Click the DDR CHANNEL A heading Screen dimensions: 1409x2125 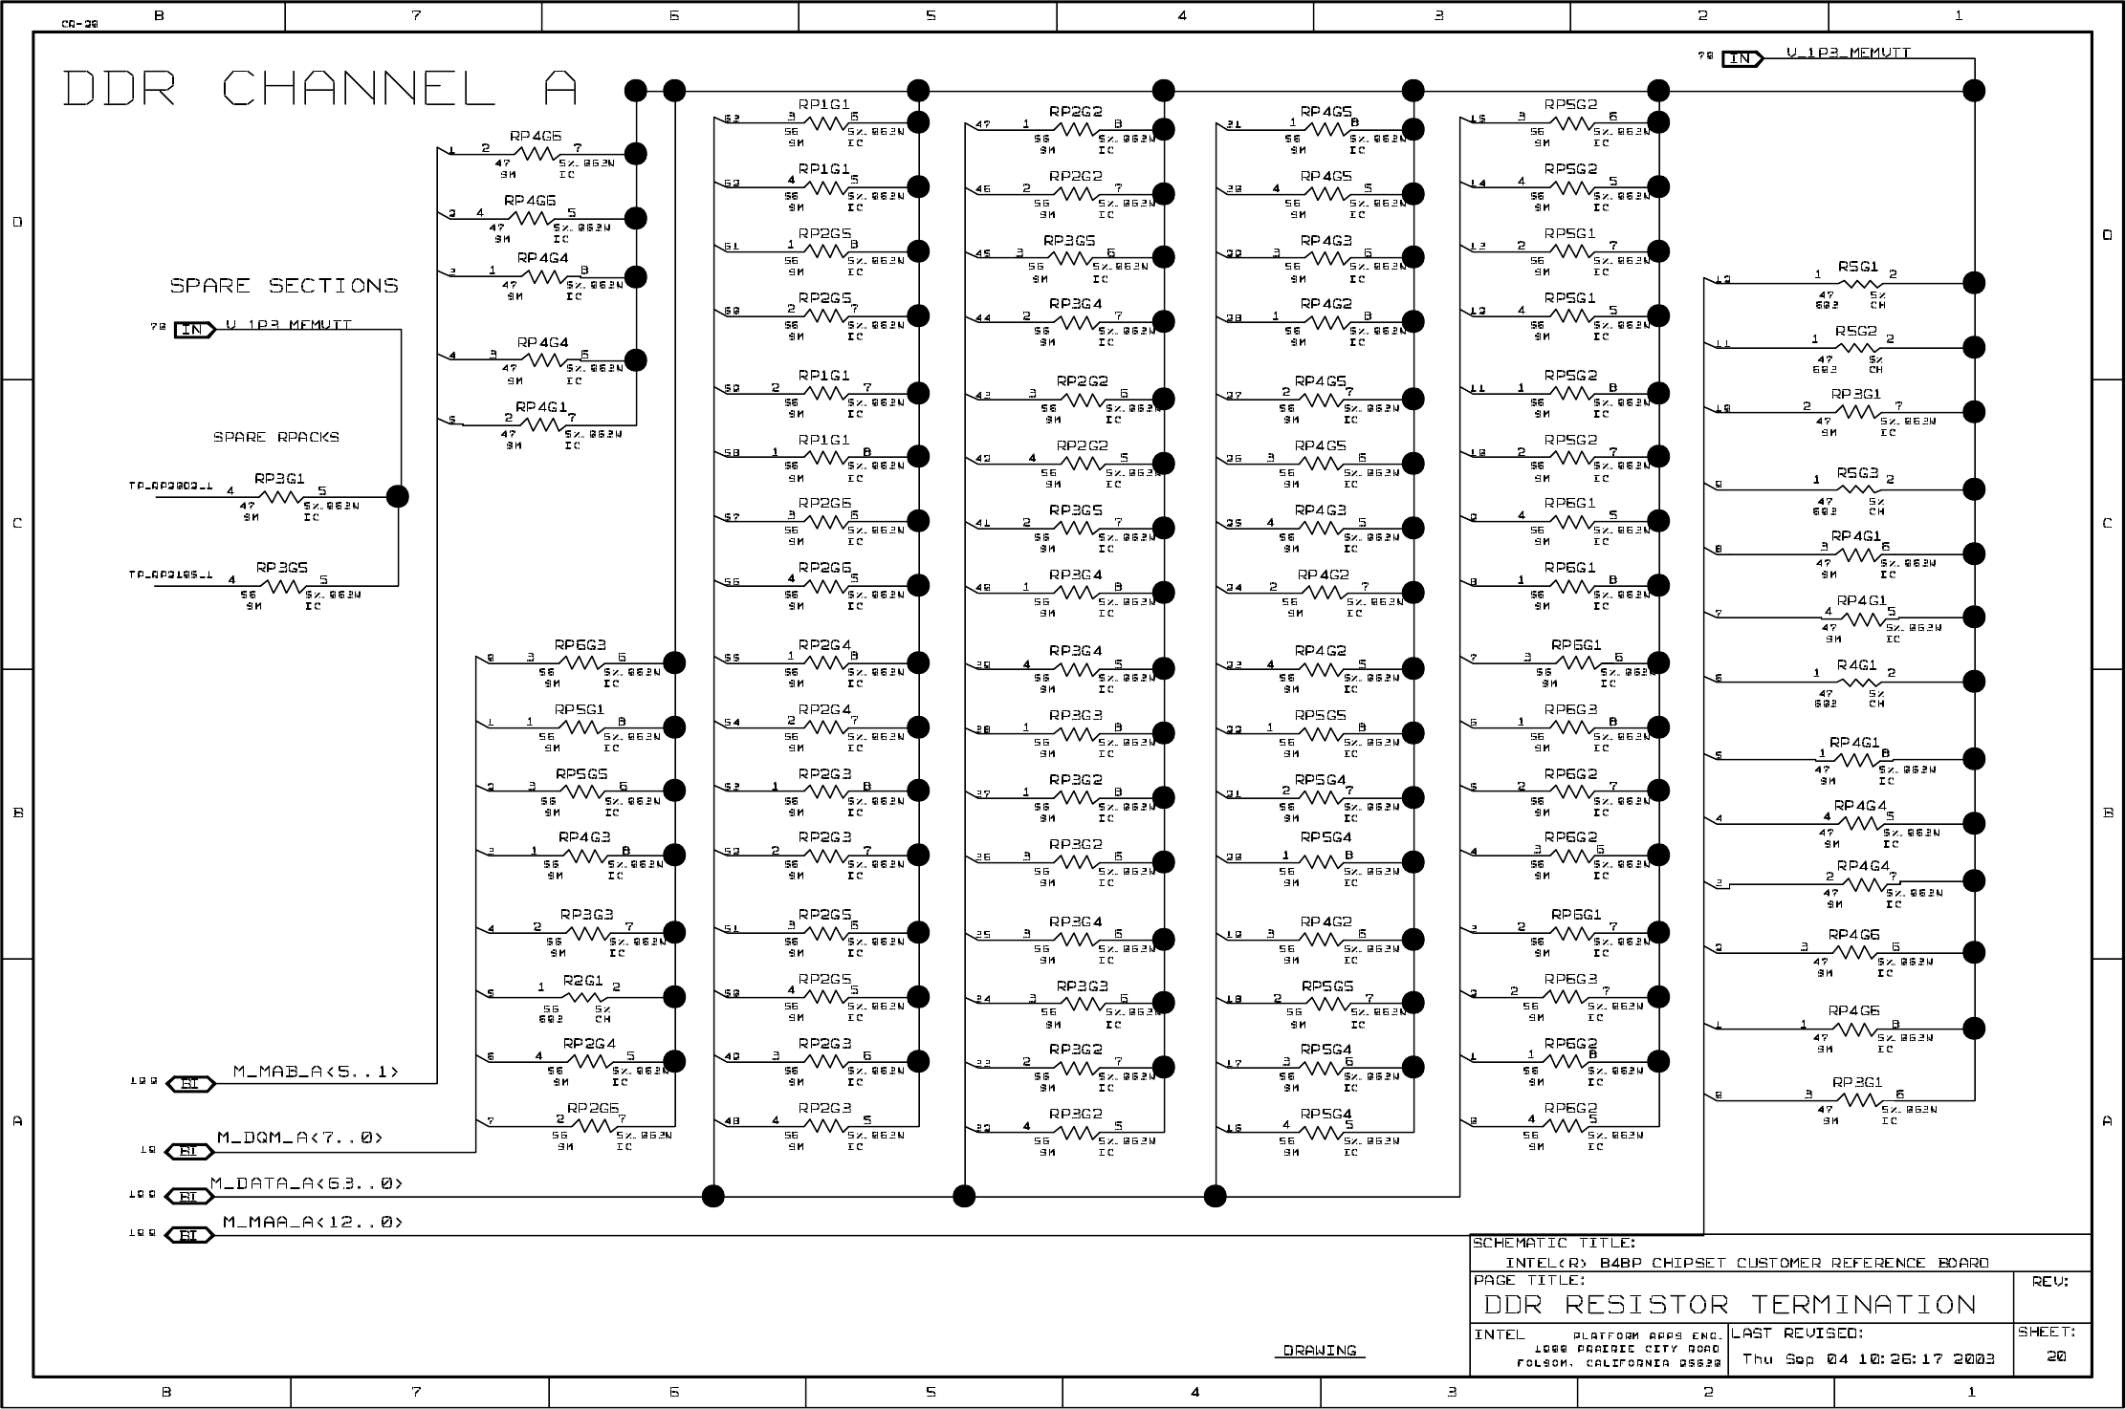tap(320, 89)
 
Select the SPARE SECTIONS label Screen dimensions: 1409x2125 tap(284, 286)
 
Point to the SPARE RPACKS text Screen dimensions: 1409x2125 tap(275, 437)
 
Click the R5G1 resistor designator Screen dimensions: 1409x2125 tap(1857, 267)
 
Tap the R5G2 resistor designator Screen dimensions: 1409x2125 tap(1855, 331)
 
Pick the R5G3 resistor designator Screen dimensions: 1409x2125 tap(1856, 472)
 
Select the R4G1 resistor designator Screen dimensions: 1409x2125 tap(1855, 664)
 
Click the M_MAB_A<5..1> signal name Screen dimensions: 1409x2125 tap(316, 1073)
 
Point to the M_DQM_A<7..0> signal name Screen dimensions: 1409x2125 tap(299, 1138)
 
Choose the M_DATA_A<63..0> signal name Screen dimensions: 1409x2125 tap(306, 1183)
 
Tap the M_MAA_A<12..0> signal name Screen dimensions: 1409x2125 tap(312, 1222)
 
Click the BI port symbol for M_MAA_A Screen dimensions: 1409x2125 tap(189, 1236)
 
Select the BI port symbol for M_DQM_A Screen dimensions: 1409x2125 tap(189, 1151)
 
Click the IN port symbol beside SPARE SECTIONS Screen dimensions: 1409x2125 tap(194, 330)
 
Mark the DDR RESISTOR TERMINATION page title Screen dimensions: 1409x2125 tap(1729, 1305)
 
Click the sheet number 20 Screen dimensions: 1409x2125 tap(2056, 1356)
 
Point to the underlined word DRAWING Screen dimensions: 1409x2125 tap(1320, 1350)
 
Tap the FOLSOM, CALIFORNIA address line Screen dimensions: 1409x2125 tap(1618, 1363)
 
